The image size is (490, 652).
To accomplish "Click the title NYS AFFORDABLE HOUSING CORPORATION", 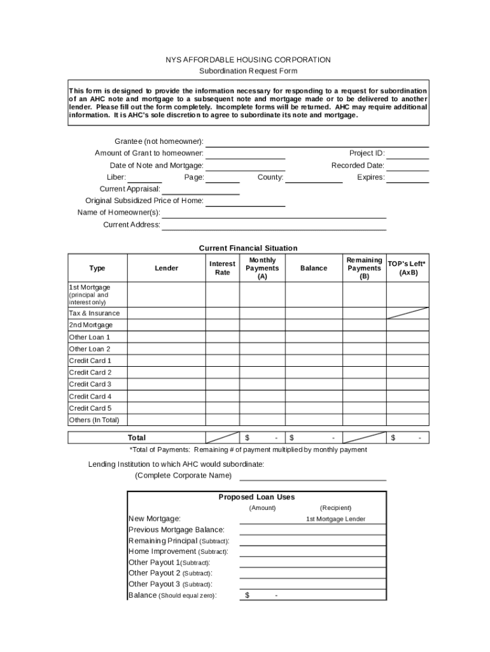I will (248, 60).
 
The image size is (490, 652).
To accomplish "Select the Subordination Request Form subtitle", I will (248, 71).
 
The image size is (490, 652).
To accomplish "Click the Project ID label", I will (367, 153).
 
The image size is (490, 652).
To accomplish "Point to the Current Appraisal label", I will (130, 189).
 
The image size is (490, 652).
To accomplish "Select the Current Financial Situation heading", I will (248, 248).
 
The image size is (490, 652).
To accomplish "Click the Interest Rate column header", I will (222, 268).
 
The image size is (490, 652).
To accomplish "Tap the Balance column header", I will (314, 268).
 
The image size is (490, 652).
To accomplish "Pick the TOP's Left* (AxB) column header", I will (407, 268).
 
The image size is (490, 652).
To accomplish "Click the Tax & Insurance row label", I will (94, 313).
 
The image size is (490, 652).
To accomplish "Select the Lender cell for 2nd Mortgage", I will (166, 325).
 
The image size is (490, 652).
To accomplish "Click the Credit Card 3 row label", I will (90, 385).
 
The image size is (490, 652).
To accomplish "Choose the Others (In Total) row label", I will (94, 420).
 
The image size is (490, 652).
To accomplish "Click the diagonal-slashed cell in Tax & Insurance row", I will (407, 313).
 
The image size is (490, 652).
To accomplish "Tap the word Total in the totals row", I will (137, 438).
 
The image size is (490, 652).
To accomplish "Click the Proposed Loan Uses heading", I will (256, 497).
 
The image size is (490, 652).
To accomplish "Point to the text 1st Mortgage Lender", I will (336, 519).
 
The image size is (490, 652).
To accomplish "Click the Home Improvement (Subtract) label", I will (178, 552).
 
